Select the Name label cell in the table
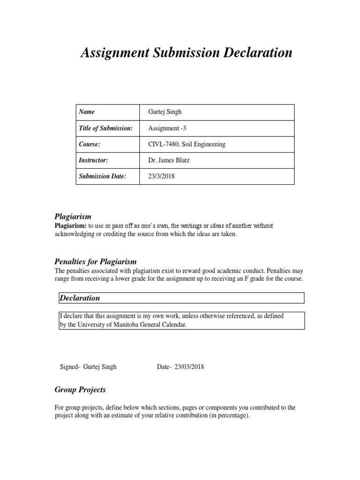(87, 112)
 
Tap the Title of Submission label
(106, 128)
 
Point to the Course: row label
(90, 144)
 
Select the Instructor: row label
(94, 160)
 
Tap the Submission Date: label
(103, 176)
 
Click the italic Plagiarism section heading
(73, 217)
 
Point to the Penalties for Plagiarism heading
(96, 262)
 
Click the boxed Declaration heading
(80, 298)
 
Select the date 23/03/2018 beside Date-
(189, 367)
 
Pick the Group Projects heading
(80, 390)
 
